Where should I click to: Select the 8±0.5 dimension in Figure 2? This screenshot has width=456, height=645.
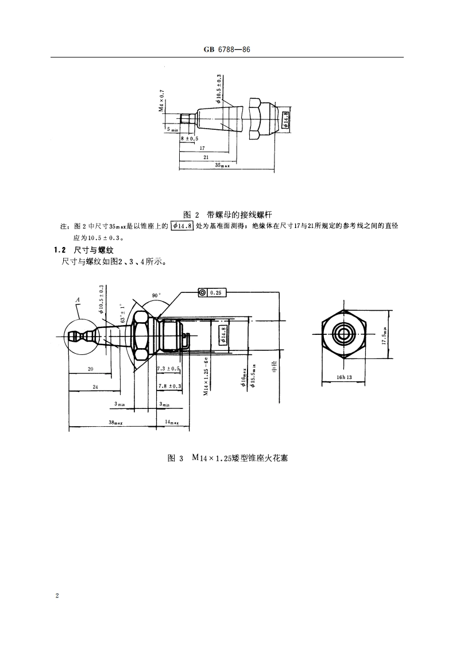[189, 138]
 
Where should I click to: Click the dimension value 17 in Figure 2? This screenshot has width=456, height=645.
[202, 148]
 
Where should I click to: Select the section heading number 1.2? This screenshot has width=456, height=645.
[60, 250]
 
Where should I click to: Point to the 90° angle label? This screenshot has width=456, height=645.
[155, 295]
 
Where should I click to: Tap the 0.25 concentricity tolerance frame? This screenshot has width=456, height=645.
[212, 293]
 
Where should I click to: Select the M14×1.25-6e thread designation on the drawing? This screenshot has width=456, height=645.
[205, 374]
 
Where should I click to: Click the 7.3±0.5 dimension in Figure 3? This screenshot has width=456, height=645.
[168, 368]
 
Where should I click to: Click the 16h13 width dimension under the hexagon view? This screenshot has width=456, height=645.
[344, 377]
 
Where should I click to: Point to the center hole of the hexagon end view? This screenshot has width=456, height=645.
[343, 334]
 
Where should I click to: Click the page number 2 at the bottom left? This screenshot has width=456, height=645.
[57, 595]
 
